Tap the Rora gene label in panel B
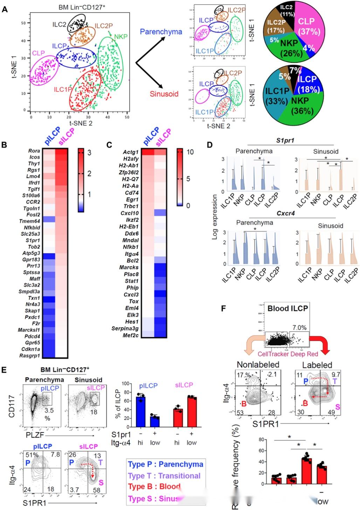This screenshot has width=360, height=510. click(34, 151)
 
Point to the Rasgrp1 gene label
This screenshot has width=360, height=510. click(30, 356)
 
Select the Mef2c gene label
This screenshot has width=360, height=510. click(130, 335)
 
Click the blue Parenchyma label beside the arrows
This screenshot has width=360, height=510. click(161, 32)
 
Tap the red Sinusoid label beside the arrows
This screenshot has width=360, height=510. click(164, 94)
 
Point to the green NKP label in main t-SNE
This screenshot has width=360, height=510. click(120, 37)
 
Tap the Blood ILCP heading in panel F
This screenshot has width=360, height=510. click(288, 309)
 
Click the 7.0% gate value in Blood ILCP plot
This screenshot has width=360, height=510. click(299, 328)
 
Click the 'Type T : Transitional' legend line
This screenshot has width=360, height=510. click(164, 476)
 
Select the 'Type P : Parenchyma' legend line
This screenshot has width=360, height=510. click(165, 464)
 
